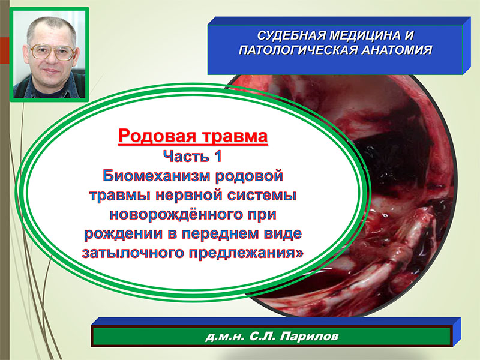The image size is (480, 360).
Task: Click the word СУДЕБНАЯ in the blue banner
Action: [291, 35]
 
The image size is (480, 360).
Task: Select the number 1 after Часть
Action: [218, 156]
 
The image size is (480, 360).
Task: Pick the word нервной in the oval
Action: [190, 196]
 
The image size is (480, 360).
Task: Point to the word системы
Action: [262, 196]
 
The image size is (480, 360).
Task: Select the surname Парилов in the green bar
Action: [309, 337]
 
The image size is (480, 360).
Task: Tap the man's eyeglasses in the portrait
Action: [52, 52]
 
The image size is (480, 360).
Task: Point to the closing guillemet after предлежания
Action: [299, 253]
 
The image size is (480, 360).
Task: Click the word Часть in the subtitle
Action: [187, 156]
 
